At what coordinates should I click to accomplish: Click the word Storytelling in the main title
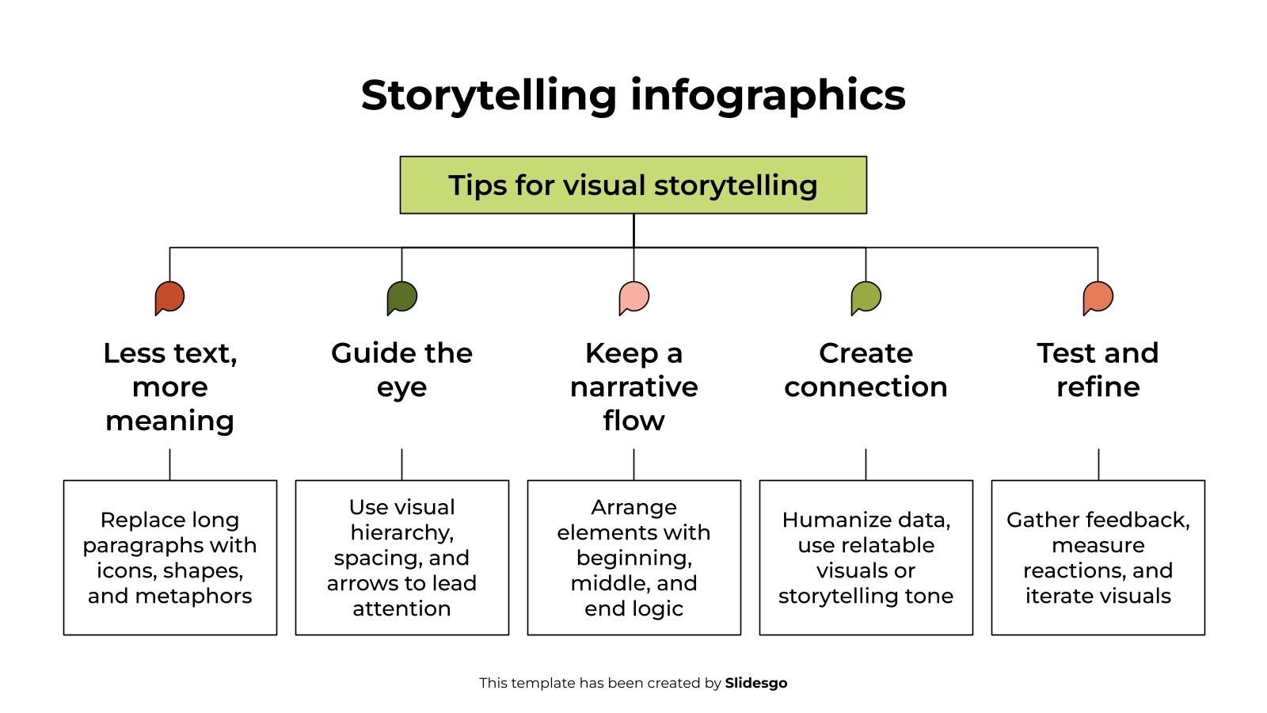[x=489, y=95]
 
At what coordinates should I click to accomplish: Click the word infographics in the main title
[x=767, y=95]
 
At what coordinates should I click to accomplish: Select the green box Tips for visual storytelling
[x=633, y=185]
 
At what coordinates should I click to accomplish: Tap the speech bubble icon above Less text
[x=169, y=298]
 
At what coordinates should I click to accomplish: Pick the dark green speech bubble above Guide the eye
[x=401, y=298]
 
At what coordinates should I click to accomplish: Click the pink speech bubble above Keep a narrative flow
[x=633, y=298]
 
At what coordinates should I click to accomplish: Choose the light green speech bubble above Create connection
[x=866, y=298]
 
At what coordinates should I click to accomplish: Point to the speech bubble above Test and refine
[x=1098, y=298]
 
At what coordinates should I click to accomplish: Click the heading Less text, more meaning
[x=169, y=387]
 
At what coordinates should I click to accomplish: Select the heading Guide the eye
[x=401, y=370]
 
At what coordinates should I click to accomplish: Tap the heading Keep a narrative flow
[x=633, y=387]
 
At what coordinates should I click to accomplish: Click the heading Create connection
[x=866, y=370]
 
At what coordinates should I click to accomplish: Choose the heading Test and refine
[x=1098, y=370]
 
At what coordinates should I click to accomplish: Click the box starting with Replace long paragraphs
[x=169, y=558]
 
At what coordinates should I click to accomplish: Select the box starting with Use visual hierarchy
[x=401, y=558]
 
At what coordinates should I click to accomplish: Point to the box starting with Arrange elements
[x=633, y=558]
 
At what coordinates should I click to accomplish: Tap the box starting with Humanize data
[x=866, y=558]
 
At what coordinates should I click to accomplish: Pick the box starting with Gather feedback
[x=1098, y=558]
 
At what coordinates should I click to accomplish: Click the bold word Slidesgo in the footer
[x=755, y=683]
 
